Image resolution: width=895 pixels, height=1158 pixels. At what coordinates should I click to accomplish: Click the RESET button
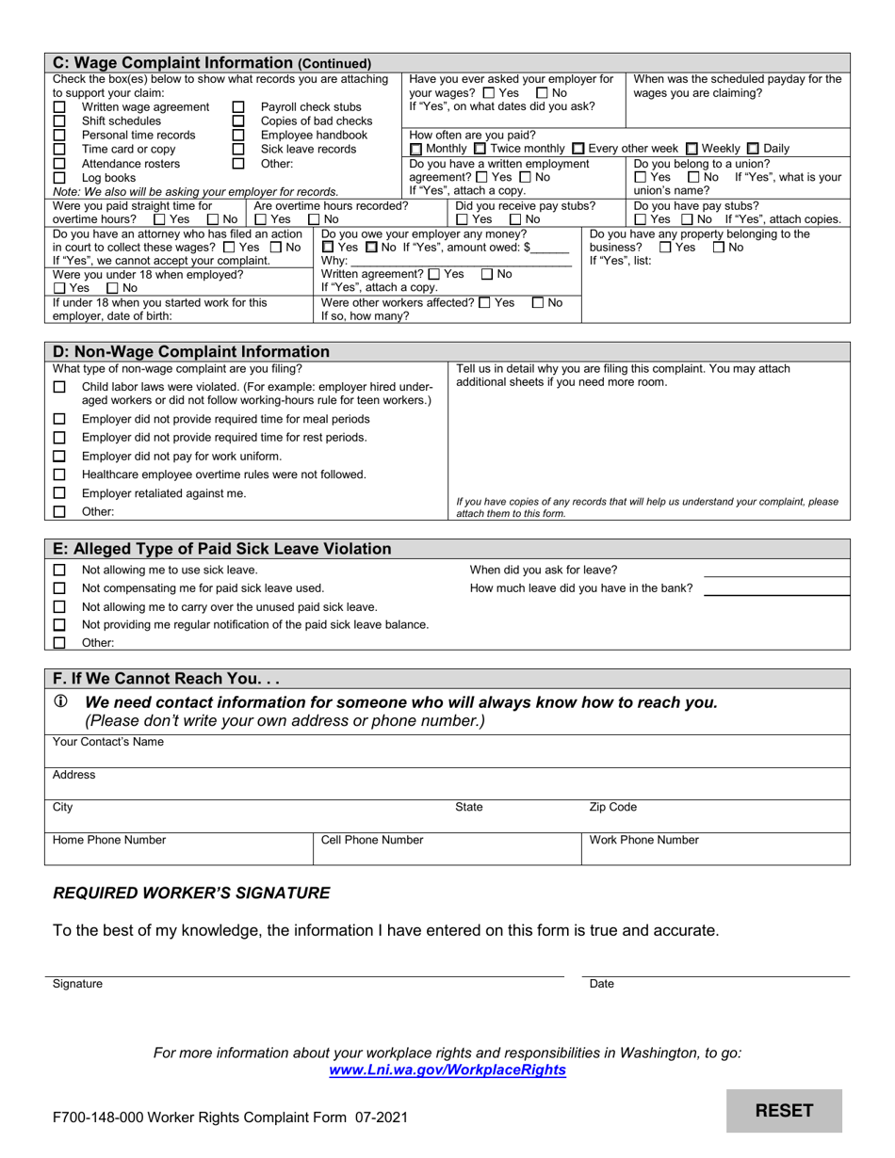click(784, 1110)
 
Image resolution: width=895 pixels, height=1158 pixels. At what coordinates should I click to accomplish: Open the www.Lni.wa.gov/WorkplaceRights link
click(447, 1070)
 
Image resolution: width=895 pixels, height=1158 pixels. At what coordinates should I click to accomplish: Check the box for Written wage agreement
click(59, 107)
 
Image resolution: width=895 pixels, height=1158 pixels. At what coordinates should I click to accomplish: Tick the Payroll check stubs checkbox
click(238, 107)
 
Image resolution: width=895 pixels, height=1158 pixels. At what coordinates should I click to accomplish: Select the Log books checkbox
click(59, 177)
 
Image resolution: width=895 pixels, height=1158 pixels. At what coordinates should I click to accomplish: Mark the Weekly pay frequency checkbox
click(692, 149)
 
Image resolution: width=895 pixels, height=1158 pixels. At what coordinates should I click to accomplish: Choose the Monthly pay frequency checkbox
click(417, 149)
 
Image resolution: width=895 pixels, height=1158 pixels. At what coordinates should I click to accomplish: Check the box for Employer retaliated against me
click(59, 493)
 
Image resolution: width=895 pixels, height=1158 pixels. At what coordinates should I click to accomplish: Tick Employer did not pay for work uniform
click(59, 456)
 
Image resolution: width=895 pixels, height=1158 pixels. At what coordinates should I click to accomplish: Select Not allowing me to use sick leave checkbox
click(59, 570)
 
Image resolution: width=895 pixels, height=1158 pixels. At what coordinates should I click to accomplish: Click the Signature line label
click(77, 984)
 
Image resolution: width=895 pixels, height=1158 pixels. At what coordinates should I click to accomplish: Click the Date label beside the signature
click(601, 984)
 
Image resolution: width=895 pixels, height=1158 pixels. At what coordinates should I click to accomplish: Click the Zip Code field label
click(612, 808)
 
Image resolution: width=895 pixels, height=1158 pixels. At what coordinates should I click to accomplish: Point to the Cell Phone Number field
click(447, 847)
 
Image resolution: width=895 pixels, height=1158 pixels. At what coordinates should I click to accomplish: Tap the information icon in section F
click(60, 701)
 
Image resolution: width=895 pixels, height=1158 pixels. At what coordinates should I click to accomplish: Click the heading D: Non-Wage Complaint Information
click(191, 351)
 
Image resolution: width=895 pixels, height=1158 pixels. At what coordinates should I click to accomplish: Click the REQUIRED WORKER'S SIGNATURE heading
click(191, 893)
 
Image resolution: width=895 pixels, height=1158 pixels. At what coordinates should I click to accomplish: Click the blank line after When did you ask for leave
click(776, 571)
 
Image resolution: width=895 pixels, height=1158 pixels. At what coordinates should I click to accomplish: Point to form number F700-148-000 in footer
click(104, 1118)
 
